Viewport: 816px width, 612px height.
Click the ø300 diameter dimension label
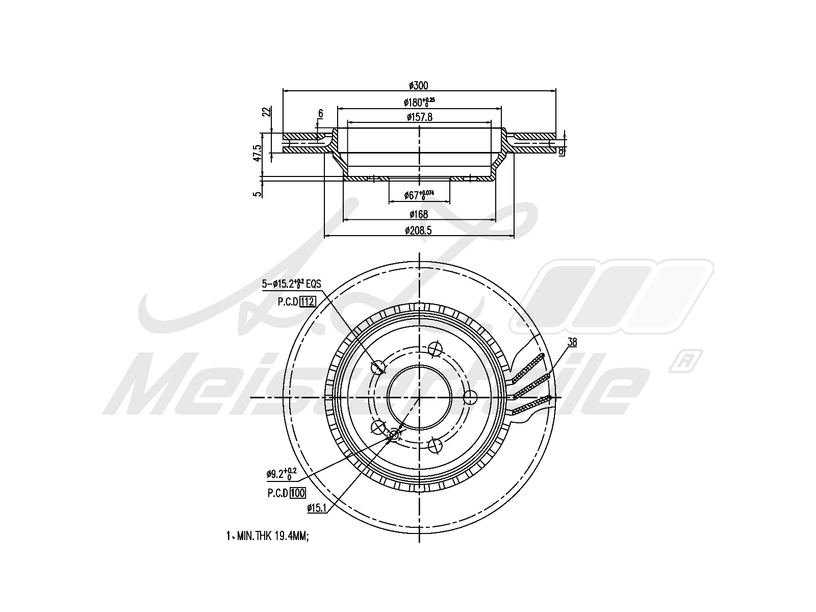pos(419,85)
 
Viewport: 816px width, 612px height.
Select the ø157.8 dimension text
pos(419,117)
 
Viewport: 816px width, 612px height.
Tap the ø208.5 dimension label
pos(419,231)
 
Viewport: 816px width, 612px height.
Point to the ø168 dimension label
pos(419,214)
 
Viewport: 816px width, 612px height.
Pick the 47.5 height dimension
pos(258,152)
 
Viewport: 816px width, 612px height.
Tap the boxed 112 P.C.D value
pos(308,301)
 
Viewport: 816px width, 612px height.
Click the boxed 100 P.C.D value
pos(297,493)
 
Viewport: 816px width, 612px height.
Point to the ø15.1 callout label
pos(316,507)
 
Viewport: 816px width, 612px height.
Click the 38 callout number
pos(572,342)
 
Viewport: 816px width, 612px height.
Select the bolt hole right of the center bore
pos(470,397)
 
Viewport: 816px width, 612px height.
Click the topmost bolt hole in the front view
pos(435,349)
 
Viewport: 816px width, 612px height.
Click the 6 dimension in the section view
pos(320,113)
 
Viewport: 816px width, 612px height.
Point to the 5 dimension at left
pos(258,192)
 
